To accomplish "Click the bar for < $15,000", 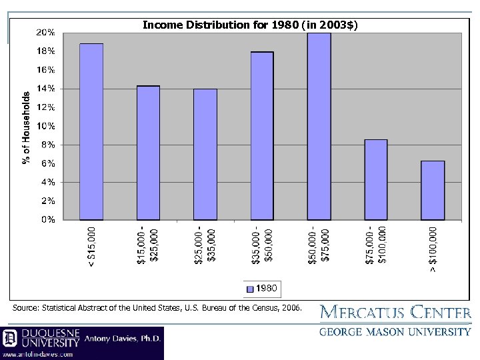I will (x=91, y=131).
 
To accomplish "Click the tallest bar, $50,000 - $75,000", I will (x=319, y=126).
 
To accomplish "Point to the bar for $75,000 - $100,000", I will (x=376, y=179).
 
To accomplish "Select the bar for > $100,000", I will (x=433, y=190).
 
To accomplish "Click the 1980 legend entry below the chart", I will (x=264, y=289).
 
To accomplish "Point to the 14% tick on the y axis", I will (x=46, y=89).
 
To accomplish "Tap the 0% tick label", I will (x=48, y=219).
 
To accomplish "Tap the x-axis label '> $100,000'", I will (x=433, y=249).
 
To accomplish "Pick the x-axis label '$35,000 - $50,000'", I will (x=262, y=247).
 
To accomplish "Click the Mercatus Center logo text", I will (x=395, y=312).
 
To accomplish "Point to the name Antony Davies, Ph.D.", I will (x=123, y=339).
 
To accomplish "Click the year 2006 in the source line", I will (x=291, y=308).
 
